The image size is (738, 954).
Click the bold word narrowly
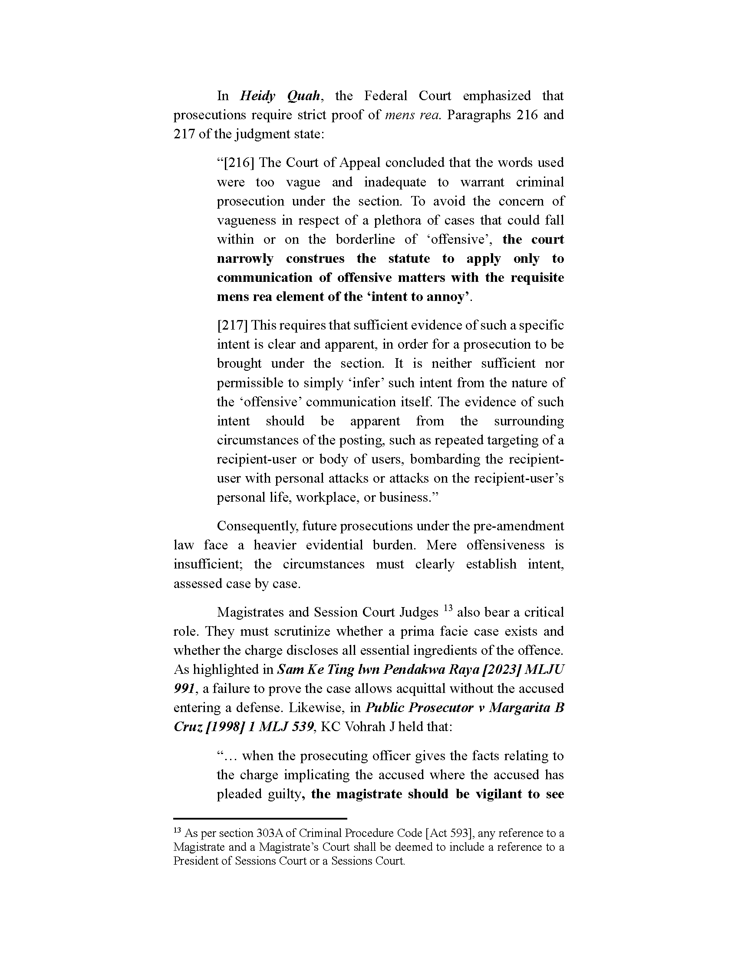[x=245, y=258]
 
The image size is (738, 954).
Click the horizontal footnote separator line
[x=260, y=818]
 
